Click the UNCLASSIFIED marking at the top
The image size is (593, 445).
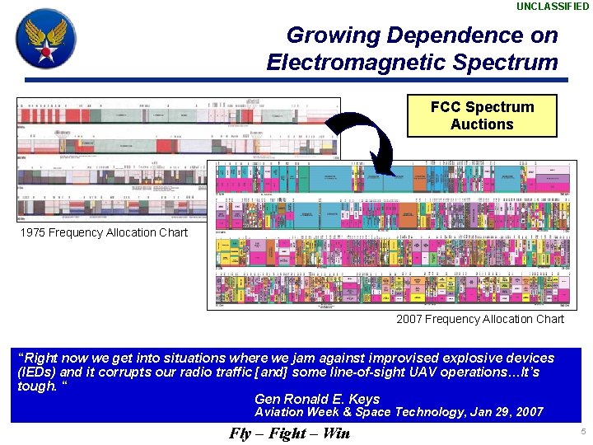(x=553, y=7)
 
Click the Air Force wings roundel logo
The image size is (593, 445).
(x=46, y=38)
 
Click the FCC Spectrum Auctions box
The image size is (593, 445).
(x=482, y=115)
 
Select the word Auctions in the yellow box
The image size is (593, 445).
(x=482, y=124)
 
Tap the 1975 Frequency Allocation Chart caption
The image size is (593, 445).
(x=104, y=232)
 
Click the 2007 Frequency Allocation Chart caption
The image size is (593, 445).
(x=480, y=319)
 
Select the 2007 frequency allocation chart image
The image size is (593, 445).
(x=392, y=235)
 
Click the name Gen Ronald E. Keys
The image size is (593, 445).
(x=317, y=400)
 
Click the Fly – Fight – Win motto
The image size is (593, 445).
(x=289, y=433)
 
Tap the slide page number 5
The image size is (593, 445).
(x=582, y=432)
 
